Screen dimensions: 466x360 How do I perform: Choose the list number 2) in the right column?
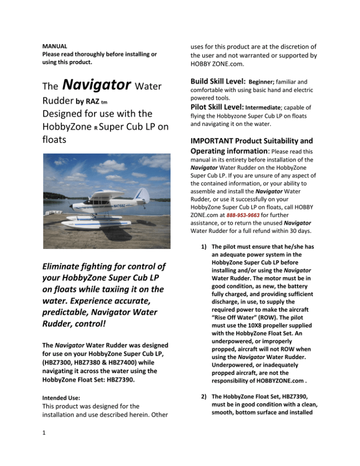(x=202, y=401)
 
